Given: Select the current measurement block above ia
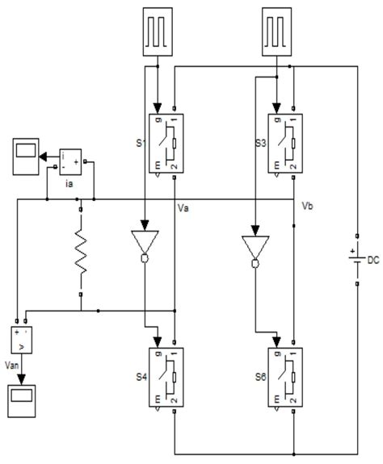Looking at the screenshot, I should (76, 162).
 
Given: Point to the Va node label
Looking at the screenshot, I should (185, 209).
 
